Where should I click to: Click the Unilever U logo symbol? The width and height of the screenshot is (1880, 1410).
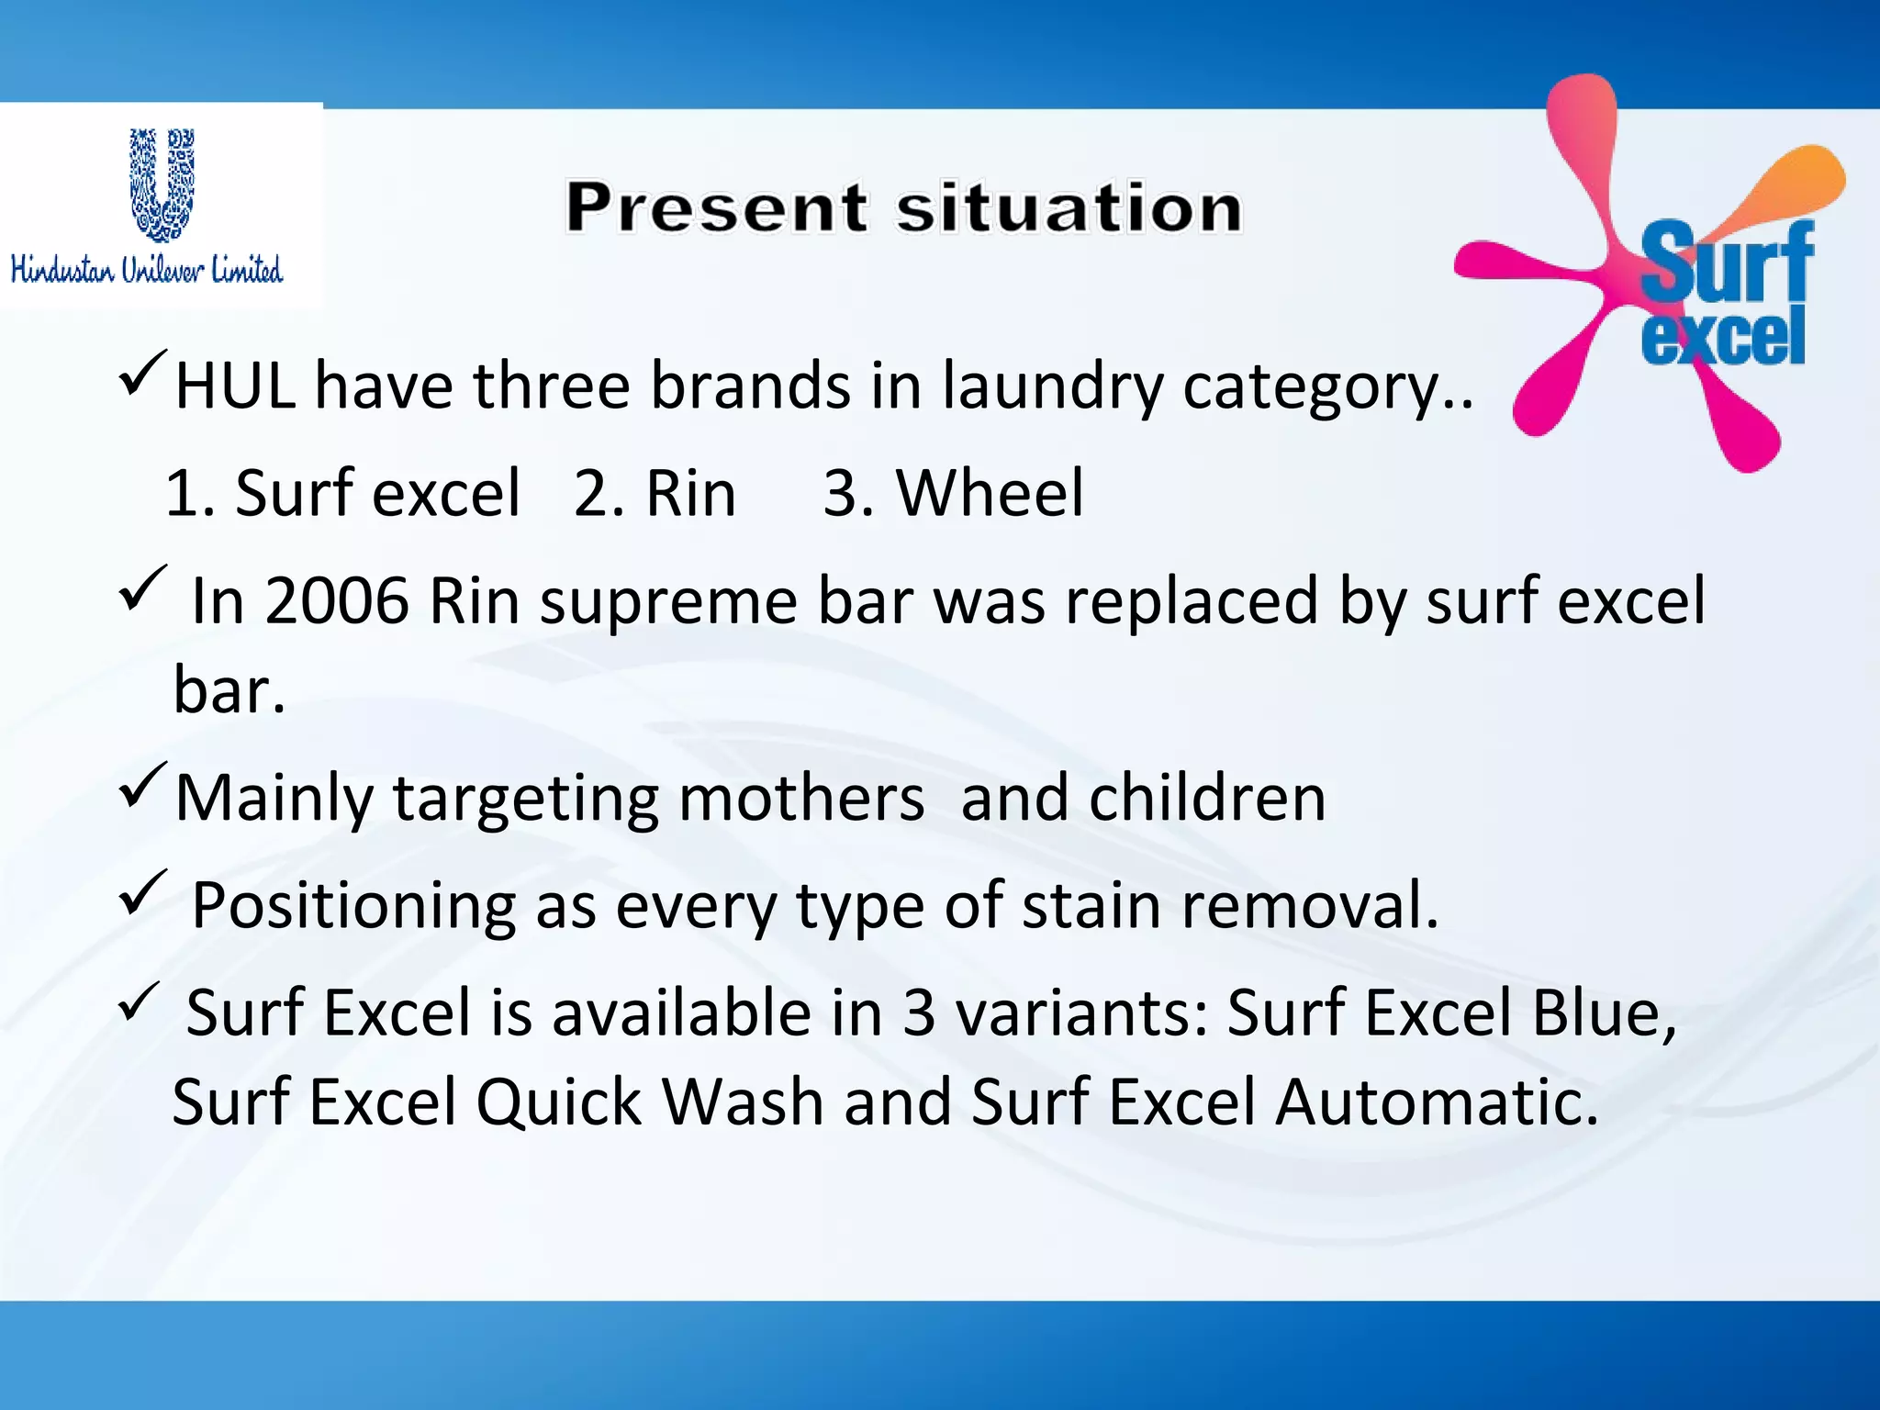162,185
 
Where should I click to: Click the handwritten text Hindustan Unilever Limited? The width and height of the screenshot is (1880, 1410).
147,270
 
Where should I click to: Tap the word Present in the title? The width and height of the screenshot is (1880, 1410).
716,207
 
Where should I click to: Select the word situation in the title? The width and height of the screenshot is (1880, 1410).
1069,207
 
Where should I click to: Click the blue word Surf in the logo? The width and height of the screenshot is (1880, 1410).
1726,263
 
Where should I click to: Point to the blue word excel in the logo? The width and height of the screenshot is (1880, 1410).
1723,337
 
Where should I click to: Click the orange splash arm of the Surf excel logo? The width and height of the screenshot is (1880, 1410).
1790,184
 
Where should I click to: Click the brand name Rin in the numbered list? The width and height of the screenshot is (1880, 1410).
690,494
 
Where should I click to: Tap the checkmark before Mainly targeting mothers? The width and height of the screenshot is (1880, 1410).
142,785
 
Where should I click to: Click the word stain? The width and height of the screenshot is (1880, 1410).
1091,905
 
